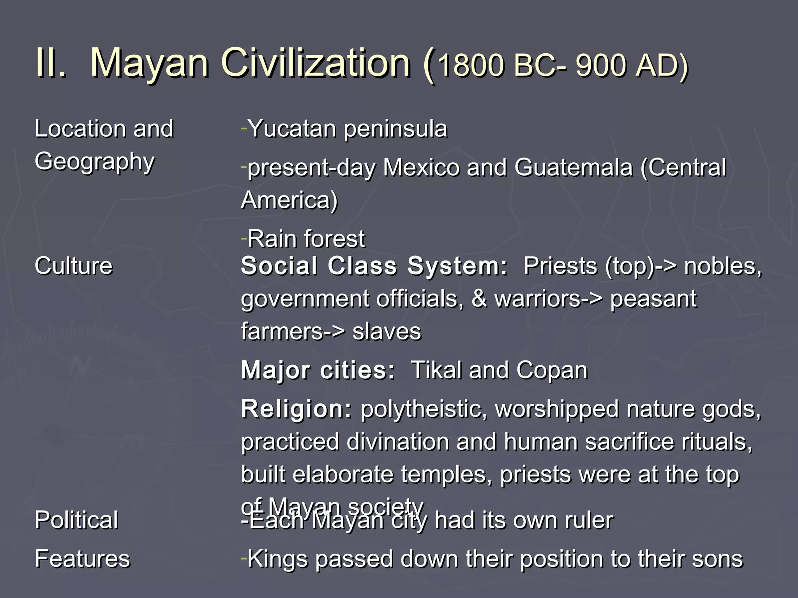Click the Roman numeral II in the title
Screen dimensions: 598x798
pos(50,63)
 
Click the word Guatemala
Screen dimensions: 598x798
pos(573,168)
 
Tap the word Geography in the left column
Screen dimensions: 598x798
pos(95,162)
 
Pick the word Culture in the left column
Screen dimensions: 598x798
pos(74,266)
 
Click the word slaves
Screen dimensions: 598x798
pos(387,332)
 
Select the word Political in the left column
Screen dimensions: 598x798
pos(76,520)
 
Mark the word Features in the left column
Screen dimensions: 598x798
pos(82,559)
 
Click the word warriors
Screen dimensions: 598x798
pos(538,299)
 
